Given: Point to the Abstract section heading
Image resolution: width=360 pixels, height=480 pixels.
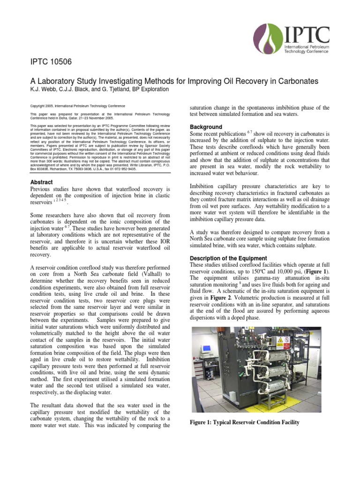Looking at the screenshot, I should (42, 182).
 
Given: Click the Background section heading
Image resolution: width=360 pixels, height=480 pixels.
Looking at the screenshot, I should (206, 127).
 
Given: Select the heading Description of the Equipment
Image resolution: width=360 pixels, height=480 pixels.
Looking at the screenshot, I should (228, 258).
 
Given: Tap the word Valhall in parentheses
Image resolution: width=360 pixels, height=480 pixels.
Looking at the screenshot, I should (148, 274).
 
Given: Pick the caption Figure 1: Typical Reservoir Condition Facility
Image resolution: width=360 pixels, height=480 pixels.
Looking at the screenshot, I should (244, 422).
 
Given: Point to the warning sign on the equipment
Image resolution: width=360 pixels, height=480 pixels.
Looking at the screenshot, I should (281, 341).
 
